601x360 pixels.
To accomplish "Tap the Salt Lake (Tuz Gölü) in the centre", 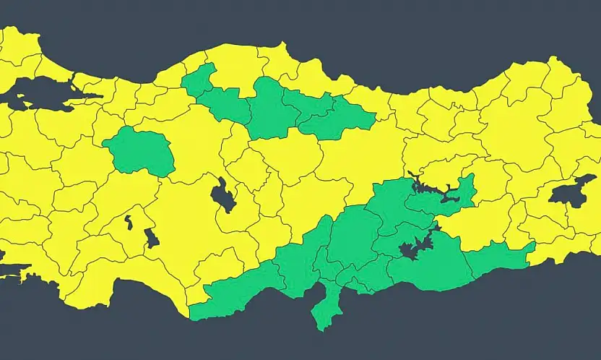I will point(223,195).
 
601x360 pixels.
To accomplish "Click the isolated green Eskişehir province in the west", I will point(140,150).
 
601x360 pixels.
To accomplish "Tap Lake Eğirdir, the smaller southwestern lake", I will point(129,221).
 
